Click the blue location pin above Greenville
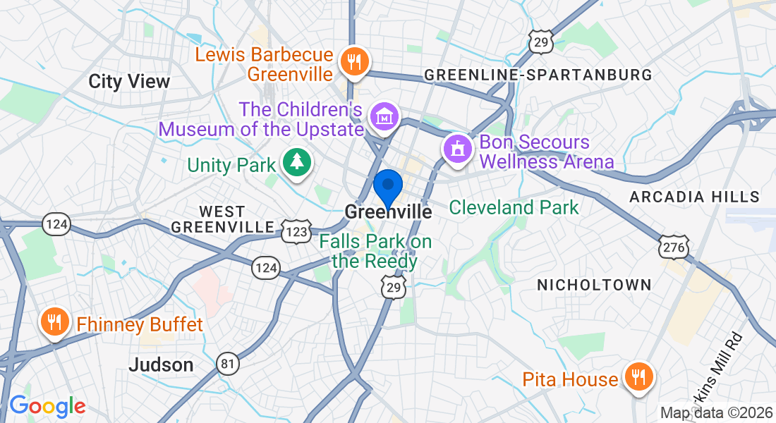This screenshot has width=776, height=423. point(387,187)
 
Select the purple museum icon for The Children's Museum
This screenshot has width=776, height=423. point(384,117)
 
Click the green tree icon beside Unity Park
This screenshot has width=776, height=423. point(297,162)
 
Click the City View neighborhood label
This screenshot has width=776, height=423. point(129,81)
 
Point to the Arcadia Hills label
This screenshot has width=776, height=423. point(694,197)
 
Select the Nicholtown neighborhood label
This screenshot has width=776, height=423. point(594,285)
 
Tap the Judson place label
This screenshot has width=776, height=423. point(161,364)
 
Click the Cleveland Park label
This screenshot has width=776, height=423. point(514,207)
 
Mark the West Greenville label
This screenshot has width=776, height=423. point(222,219)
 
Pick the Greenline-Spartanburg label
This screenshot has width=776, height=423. point(538,75)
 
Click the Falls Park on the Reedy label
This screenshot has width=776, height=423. point(375,251)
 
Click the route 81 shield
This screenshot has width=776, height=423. point(228,362)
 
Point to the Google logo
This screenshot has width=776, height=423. point(47,406)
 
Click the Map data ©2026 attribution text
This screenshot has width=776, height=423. point(715,412)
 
